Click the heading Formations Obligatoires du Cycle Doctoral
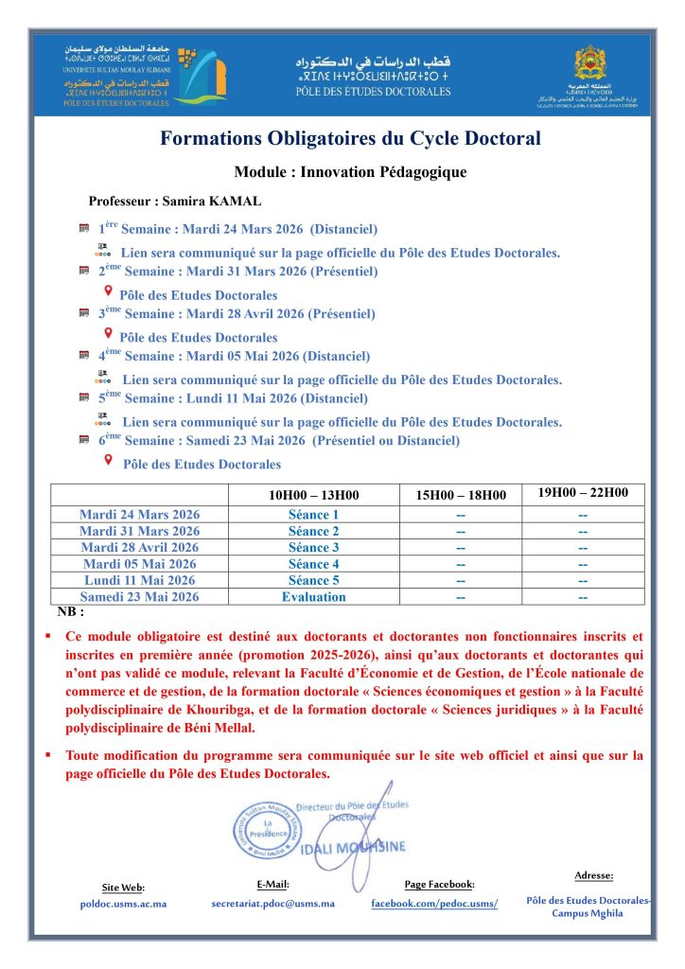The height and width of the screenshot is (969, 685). pyautogui.click(x=350, y=139)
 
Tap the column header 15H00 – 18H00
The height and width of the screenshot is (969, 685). pyautogui.click(x=460, y=494)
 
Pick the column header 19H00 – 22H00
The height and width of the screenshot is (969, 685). pyautogui.click(x=583, y=493)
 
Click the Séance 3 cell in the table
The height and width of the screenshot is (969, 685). pyautogui.click(x=313, y=547)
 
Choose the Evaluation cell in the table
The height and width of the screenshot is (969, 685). pyautogui.click(x=313, y=597)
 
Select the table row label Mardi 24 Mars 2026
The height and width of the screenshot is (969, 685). pyautogui.click(x=139, y=514)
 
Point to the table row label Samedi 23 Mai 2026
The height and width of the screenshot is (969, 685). pyautogui.click(x=139, y=597)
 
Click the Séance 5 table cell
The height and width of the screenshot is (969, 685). pyautogui.click(x=313, y=580)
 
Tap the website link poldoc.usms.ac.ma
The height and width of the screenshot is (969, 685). pyautogui.click(x=123, y=904)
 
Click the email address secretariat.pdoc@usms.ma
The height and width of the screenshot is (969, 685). pyautogui.click(x=272, y=904)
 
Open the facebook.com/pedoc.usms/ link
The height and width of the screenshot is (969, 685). pyautogui.click(x=434, y=904)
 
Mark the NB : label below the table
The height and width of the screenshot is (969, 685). pyautogui.click(x=70, y=611)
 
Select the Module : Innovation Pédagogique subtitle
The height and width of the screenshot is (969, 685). pyautogui.click(x=350, y=172)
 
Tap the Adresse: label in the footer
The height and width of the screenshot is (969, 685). pyautogui.click(x=593, y=875)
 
